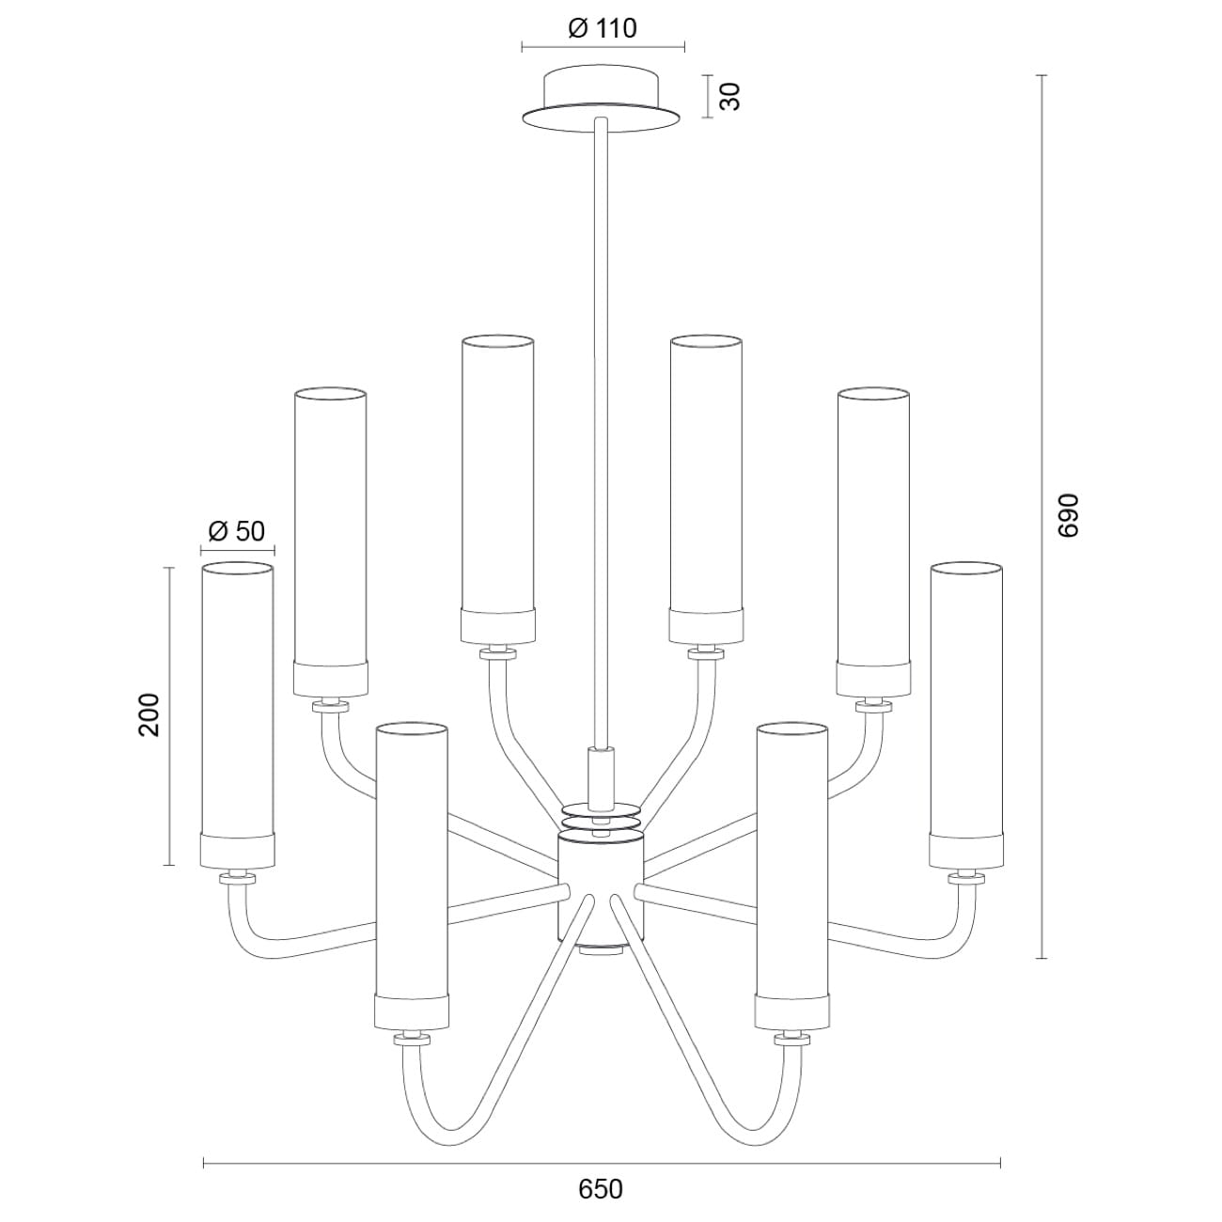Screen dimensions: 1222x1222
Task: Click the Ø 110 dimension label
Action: tap(603, 29)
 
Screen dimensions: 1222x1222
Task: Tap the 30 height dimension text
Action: tap(730, 96)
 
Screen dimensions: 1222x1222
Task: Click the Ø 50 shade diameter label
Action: tap(237, 531)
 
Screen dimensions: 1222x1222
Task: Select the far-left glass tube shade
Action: tap(237, 714)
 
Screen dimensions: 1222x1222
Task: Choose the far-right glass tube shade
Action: tap(965, 714)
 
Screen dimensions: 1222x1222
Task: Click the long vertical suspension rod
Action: tap(601, 423)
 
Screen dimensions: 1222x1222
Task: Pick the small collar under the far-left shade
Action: tap(237, 877)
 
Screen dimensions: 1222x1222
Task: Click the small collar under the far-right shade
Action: tap(965, 877)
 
